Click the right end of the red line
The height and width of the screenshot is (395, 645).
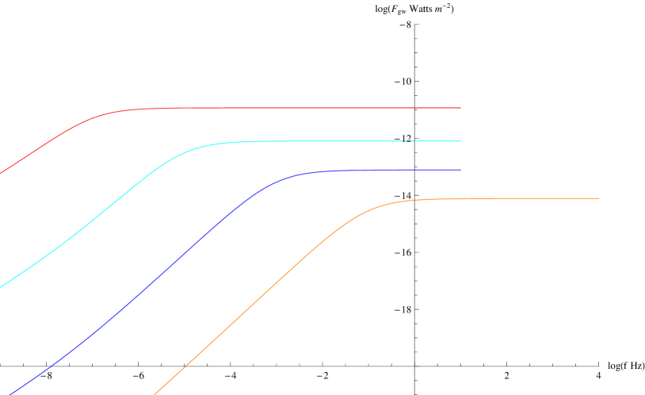pyautogui.click(x=460, y=108)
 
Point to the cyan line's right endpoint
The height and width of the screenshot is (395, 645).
pyautogui.click(x=460, y=141)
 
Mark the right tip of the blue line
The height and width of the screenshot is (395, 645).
pyautogui.click(x=460, y=170)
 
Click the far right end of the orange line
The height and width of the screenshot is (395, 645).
pyautogui.click(x=597, y=198)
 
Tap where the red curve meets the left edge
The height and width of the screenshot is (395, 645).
pyautogui.click(x=1, y=172)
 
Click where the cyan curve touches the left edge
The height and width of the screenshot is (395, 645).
pyautogui.click(x=1, y=287)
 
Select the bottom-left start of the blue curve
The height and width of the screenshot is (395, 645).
pyautogui.click(x=11, y=393)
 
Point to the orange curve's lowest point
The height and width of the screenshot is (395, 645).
pyautogui.click(x=155, y=393)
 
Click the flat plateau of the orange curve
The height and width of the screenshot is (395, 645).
pyautogui.click(x=515, y=198)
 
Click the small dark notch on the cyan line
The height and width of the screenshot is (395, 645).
pyautogui.click(x=409, y=141)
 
